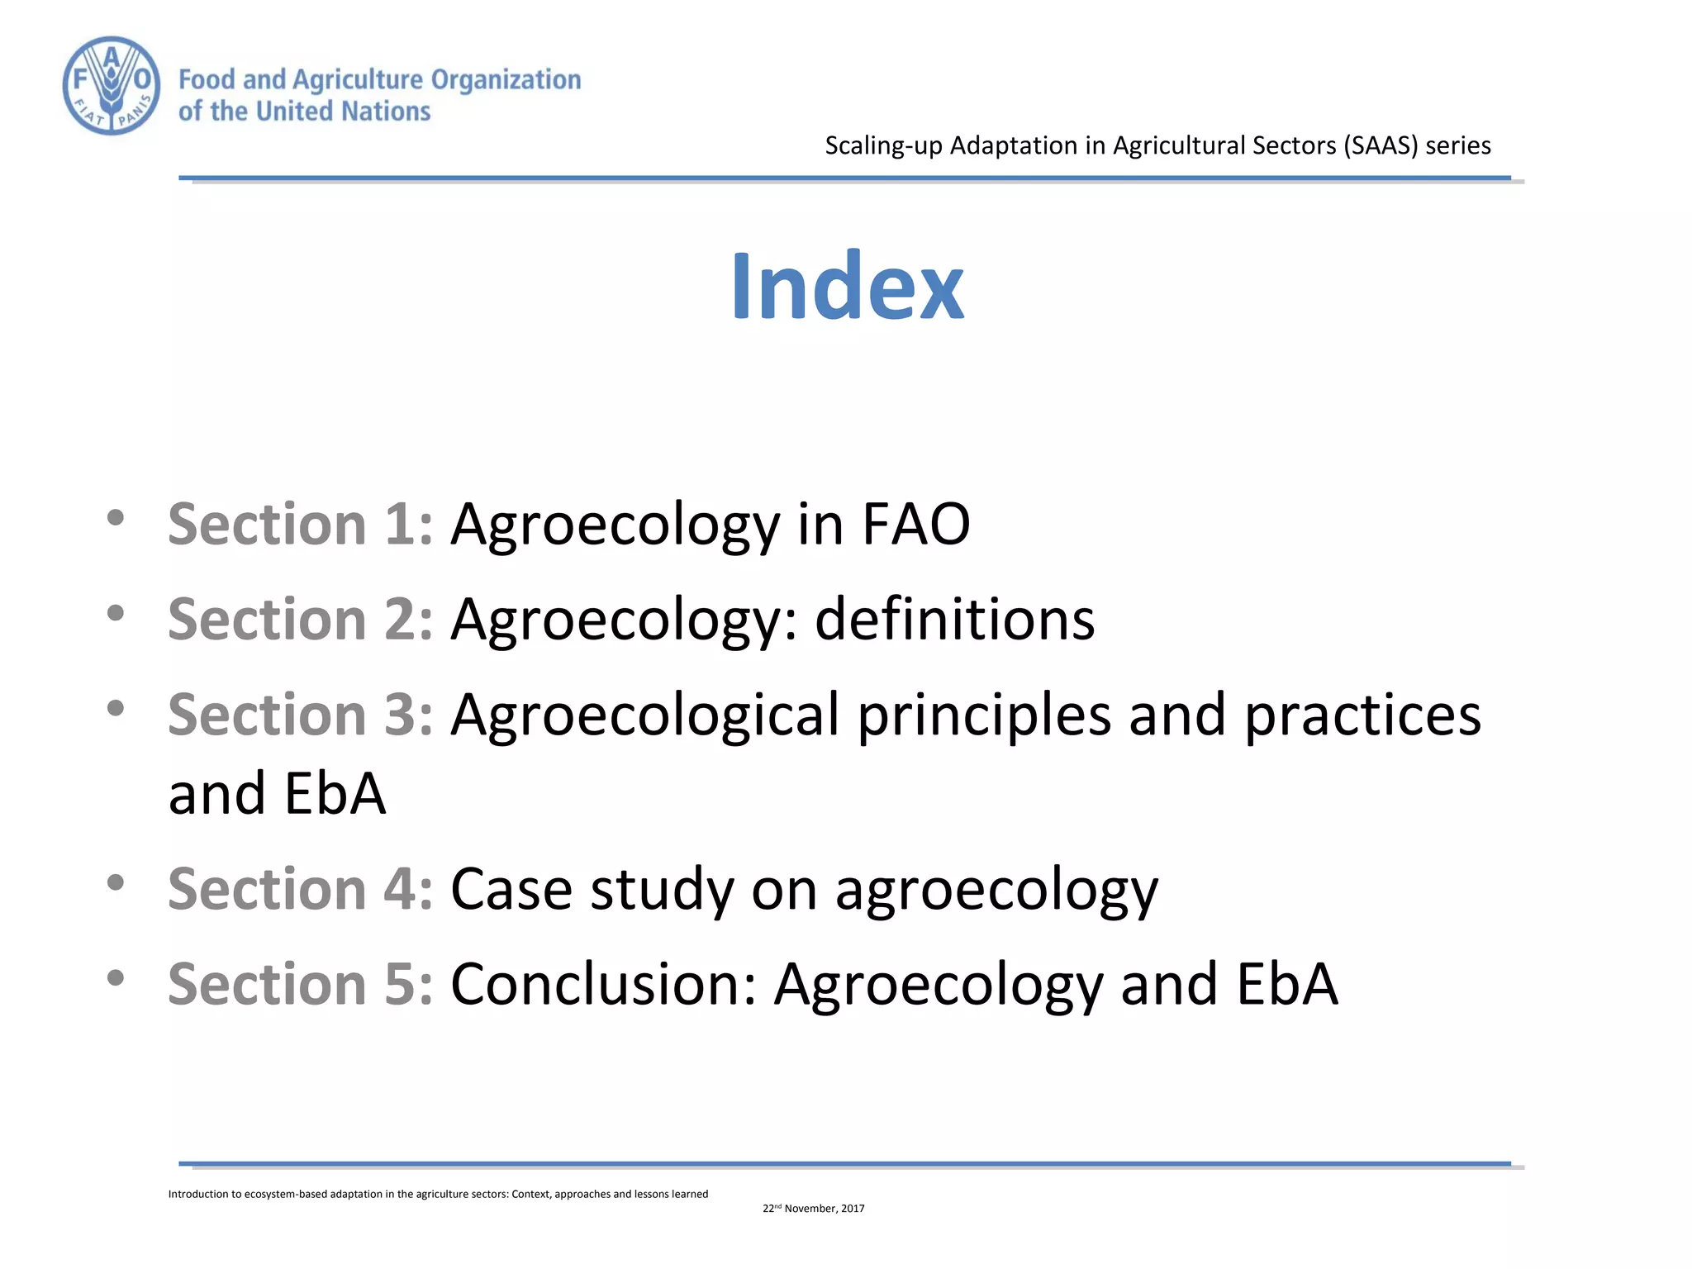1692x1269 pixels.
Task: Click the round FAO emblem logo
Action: point(112,85)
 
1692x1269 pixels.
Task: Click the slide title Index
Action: point(848,286)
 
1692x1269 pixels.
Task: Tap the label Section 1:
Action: point(300,524)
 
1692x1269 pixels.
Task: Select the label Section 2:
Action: point(300,619)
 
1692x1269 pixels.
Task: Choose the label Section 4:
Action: point(300,889)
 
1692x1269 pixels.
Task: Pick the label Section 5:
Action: point(300,984)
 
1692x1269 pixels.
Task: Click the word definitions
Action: point(954,619)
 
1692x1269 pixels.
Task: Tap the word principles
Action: point(983,715)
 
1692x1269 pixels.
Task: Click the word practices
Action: point(1362,715)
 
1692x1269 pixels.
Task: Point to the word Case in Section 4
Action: point(511,889)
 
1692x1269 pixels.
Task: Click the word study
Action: point(662,891)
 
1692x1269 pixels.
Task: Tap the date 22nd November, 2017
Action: point(813,1208)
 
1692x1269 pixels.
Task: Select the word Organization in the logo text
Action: point(506,80)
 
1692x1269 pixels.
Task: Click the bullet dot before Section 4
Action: point(116,882)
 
